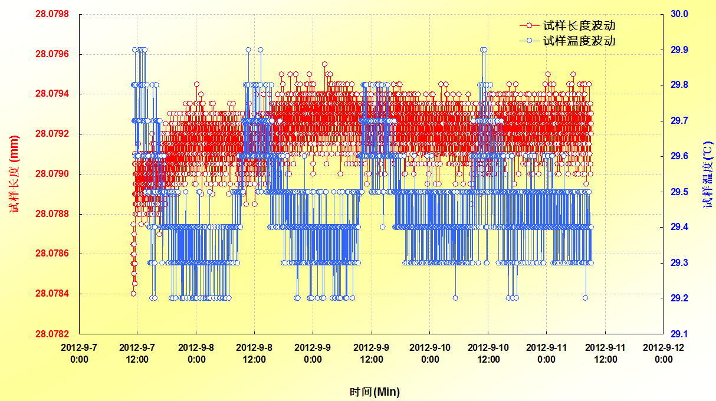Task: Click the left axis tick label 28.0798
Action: pos(52,14)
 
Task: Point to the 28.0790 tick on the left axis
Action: pos(52,174)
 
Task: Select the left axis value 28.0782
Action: pos(52,334)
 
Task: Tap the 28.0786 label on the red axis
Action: pos(52,254)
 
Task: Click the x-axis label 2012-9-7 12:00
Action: pos(137,353)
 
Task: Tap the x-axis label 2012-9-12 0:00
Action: pos(664,353)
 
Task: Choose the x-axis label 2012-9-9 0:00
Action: pos(313,353)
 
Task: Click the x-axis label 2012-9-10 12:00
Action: pos(488,353)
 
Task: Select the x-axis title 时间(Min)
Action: pos(375,392)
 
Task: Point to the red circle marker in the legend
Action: pos(529,26)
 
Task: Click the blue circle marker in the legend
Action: pos(529,41)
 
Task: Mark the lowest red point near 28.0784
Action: pos(133,294)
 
